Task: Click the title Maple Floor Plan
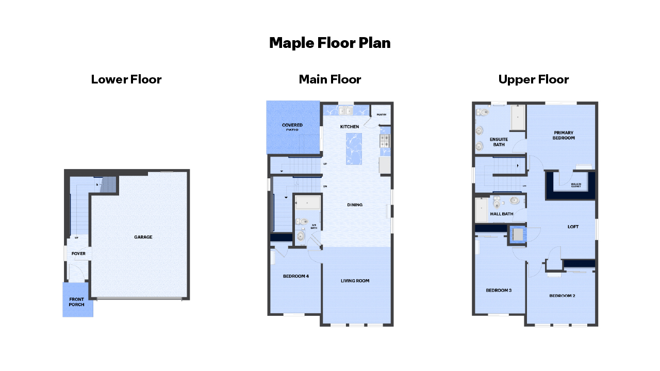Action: [x=329, y=43]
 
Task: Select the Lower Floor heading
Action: [x=126, y=79]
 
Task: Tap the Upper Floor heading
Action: [x=533, y=79]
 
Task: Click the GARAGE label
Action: [x=143, y=237]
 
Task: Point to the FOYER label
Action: [x=78, y=254]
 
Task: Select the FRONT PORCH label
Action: [x=76, y=302]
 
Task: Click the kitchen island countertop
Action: [x=354, y=147]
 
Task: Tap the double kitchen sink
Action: [x=345, y=110]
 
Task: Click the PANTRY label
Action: [x=382, y=114]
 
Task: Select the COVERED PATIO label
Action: [x=292, y=127]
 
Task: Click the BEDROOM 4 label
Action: [x=296, y=276]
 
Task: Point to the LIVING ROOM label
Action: [x=355, y=281]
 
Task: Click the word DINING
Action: [x=355, y=205]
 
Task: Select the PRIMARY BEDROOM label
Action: [x=563, y=135]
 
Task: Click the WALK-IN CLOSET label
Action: [x=575, y=185]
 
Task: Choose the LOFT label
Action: [x=573, y=226]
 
